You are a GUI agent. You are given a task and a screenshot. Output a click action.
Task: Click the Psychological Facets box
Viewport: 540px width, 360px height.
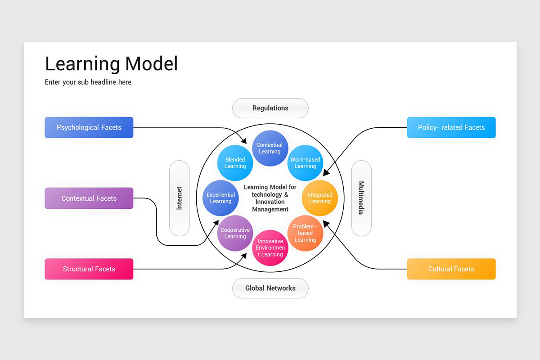[x=89, y=127]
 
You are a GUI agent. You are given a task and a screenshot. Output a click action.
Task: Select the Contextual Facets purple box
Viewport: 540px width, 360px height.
[x=89, y=198]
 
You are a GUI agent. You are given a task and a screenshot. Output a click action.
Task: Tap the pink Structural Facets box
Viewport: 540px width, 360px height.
[x=89, y=269]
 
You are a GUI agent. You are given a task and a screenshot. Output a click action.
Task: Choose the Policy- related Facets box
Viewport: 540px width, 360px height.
[x=451, y=127]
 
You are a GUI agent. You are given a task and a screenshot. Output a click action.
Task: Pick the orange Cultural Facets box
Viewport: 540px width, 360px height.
[x=451, y=269]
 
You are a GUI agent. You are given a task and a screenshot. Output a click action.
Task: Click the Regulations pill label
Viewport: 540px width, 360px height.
[x=270, y=108]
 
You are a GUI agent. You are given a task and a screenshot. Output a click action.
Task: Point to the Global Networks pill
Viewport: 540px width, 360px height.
[x=270, y=288]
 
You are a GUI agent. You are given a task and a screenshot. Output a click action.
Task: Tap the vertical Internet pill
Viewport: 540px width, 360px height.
[x=179, y=198]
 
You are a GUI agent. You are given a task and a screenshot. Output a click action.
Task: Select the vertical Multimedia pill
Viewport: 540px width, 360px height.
[x=361, y=198]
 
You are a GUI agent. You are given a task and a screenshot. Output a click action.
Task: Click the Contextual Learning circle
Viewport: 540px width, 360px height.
[x=270, y=148]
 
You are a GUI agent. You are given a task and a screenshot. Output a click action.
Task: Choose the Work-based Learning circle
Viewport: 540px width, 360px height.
[x=305, y=163]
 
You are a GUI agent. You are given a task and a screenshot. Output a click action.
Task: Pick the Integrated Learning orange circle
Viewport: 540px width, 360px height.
[x=319, y=198]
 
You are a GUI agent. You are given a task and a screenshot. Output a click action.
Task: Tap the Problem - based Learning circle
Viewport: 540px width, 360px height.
[x=305, y=233]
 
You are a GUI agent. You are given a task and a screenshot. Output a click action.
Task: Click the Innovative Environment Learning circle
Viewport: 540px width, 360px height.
[x=270, y=248]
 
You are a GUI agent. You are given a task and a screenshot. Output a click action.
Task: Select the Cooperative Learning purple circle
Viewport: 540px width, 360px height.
[x=235, y=233]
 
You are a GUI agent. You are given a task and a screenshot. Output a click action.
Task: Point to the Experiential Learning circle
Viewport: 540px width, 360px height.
[x=220, y=198]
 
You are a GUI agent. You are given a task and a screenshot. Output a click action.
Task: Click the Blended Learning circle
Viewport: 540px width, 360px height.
[x=235, y=163]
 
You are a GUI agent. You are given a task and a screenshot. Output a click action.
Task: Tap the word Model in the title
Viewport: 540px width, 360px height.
[x=151, y=64]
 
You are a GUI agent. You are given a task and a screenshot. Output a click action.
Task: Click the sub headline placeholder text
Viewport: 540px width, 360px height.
[x=88, y=82]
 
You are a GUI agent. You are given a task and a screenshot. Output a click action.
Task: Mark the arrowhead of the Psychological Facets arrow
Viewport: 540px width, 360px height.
[x=244, y=141]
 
